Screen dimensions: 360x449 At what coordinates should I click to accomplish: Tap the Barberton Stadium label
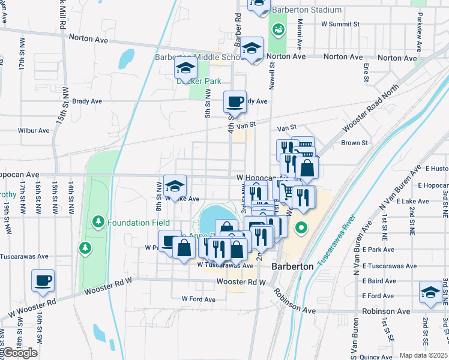click(x=306, y=10)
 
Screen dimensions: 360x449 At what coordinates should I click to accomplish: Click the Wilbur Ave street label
click(x=34, y=130)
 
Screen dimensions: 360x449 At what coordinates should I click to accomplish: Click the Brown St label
click(x=354, y=143)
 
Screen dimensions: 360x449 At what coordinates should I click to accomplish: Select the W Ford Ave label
click(x=198, y=299)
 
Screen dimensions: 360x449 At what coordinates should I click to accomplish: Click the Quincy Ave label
click(x=377, y=357)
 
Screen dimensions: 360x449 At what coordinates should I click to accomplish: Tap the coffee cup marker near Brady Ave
click(x=235, y=101)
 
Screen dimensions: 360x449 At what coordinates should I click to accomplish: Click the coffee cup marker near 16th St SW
click(x=43, y=281)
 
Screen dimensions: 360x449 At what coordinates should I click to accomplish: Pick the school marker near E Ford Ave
click(x=430, y=292)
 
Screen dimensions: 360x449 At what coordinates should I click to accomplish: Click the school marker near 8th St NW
click(x=175, y=185)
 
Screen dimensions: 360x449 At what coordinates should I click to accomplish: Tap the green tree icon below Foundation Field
click(x=85, y=247)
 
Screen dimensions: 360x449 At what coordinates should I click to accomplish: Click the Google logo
click(x=20, y=353)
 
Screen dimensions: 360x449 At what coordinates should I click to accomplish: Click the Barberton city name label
click(x=292, y=266)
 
